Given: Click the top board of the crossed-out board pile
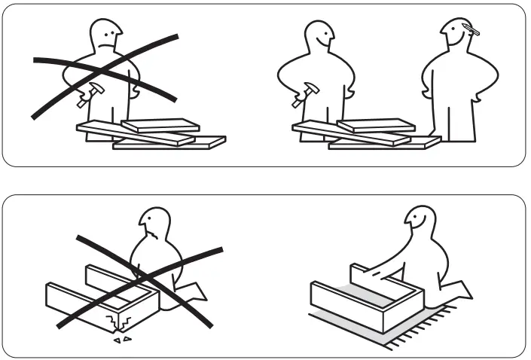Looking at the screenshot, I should coord(160,125).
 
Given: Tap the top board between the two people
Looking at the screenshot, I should coord(375,125).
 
